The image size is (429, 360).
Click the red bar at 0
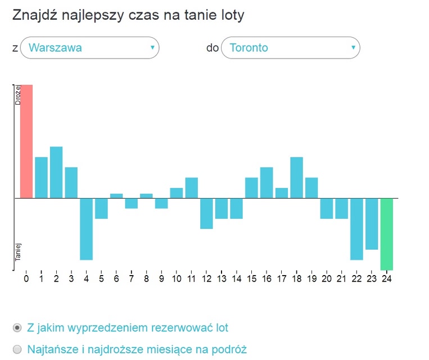coord(26,141)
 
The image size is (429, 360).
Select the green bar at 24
coord(386,234)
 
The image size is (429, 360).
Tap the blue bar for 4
coord(86,229)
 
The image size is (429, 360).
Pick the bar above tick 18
coord(296,177)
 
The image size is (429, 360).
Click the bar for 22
coord(356,229)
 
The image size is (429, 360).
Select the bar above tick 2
coord(56,172)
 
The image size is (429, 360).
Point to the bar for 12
coord(206,213)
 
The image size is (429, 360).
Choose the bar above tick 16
coord(267,182)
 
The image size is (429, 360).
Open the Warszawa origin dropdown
coord(89,48)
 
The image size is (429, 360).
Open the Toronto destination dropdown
coord(291,48)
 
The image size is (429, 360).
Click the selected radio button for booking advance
coord(17,327)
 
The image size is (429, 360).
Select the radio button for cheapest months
coord(17,349)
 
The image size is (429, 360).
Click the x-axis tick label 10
coord(176,278)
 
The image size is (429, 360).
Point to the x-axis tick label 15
coord(251,278)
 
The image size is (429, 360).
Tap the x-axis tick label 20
coord(326,278)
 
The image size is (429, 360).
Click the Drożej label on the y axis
coord(17,95)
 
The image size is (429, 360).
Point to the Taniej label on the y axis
coord(17,251)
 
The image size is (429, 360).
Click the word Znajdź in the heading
coord(33,15)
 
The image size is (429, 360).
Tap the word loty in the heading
coord(231,15)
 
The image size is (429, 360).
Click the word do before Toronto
coord(213,48)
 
